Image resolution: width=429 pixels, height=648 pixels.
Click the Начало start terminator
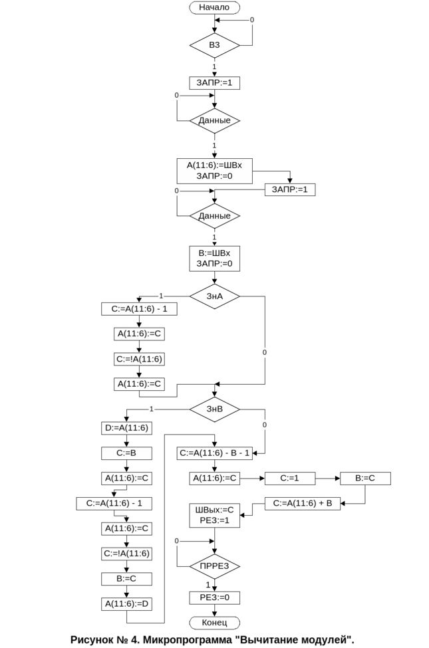[x=214, y=7]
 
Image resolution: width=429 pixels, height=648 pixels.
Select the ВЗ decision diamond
[x=214, y=45]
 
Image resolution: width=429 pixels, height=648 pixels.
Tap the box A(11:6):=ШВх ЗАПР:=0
[x=214, y=170]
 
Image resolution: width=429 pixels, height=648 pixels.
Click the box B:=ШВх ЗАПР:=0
[x=214, y=259]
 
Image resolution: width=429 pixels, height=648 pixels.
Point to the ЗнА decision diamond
[x=214, y=296]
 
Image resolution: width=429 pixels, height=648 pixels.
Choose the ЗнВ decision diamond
[x=214, y=409]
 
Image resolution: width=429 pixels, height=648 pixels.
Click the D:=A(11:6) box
[x=126, y=428]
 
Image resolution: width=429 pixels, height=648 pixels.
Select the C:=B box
[x=126, y=453]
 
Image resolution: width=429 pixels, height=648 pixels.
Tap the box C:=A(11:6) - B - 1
[x=214, y=453]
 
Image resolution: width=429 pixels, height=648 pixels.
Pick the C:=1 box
[x=289, y=478]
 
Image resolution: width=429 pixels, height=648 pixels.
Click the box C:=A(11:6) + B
[x=303, y=503]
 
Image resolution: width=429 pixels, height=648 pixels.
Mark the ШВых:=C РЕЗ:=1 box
[x=214, y=515]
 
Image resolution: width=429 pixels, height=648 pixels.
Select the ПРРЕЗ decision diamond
[x=214, y=566]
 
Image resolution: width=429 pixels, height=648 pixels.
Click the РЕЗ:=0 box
[x=214, y=597]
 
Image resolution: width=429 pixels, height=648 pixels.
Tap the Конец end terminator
[x=214, y=623]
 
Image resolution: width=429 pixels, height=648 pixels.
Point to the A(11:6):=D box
[x=126, y=604]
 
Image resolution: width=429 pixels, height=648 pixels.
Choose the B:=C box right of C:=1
[x=365, y=478]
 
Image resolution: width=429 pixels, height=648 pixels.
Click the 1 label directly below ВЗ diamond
[x=214, y=66]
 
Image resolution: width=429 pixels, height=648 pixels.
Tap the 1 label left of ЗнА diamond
[x=160, y=296]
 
